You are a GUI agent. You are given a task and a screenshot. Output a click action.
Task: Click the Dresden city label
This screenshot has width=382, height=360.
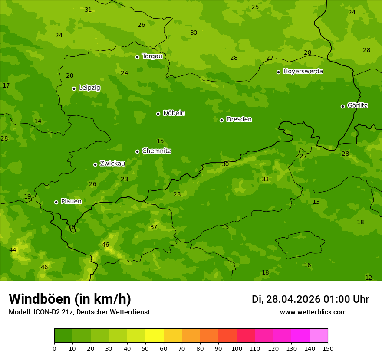click(239, 119)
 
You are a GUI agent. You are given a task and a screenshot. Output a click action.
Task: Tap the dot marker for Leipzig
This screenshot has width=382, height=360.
click(74, 88)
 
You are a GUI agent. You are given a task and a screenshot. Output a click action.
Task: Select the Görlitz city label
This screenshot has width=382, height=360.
click(357, 105)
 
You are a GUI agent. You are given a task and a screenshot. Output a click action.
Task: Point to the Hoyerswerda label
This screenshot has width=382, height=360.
click(303, 71)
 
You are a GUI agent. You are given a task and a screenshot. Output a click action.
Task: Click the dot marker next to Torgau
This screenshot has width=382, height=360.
click(137, 57)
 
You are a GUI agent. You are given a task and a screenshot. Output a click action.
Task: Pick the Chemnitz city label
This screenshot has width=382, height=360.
click(156, 151)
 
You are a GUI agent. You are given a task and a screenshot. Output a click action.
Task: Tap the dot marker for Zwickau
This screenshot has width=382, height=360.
click(95, 164)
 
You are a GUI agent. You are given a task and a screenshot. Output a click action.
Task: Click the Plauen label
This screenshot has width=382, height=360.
click(71, 201)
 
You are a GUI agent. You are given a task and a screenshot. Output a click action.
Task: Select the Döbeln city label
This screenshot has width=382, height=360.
click(174, 113)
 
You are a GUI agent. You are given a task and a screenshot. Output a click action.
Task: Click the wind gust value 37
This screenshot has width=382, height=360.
click(154, 227)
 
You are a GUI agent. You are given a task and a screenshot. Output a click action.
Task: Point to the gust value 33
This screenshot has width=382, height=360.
click(265, 179)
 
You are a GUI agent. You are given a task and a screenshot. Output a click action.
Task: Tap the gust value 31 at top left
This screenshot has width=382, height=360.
click(88, 10)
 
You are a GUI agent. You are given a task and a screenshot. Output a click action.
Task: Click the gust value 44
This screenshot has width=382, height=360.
click(13, 250)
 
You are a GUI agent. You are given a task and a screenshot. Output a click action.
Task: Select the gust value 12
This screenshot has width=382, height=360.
click(369, 278)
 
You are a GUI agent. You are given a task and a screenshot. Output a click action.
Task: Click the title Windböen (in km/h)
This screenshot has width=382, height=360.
click(70, 299)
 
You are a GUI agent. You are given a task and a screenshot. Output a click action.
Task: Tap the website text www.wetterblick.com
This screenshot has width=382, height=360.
click(313, 312)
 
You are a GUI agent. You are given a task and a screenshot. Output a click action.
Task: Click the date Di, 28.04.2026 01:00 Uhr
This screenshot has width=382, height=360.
click(310, 299)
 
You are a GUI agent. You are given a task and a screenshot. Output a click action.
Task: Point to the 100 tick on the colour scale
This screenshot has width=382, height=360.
click(237, 348)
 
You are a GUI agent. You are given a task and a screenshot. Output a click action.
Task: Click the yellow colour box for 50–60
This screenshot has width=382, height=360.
click(155, 336)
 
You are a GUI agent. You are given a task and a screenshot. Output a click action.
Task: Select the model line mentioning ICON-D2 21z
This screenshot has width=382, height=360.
click(79, 312)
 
